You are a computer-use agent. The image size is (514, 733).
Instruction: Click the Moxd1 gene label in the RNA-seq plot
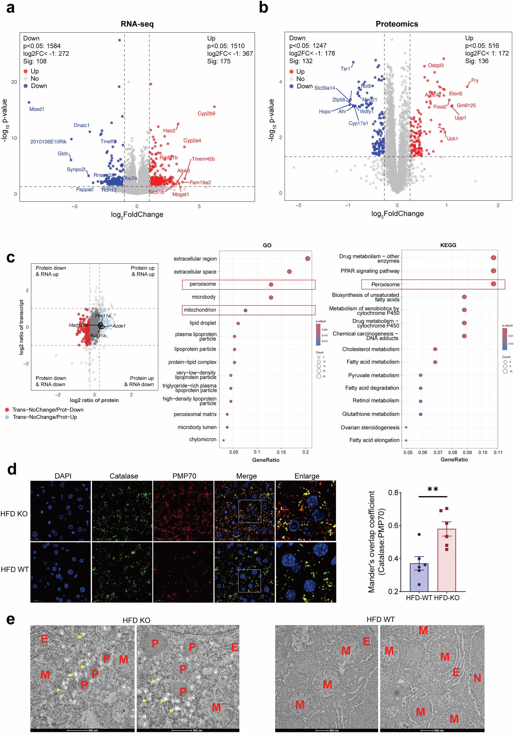(37, 109)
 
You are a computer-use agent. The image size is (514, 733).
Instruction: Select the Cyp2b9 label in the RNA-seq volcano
(206, 113)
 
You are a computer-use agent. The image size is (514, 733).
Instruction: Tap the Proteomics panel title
(396, 24)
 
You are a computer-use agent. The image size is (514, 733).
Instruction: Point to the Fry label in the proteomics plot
(474, 80)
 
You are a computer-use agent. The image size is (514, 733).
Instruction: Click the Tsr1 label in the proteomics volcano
(345, 69)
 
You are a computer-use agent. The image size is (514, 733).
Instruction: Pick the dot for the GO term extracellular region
(308, 259)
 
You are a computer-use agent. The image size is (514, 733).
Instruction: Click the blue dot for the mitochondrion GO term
(245, 310)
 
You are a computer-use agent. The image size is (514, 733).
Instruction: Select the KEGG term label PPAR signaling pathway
(370, 271)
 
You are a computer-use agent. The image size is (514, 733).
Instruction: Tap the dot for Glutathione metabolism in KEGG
(420, 414)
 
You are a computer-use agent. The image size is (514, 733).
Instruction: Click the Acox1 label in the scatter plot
(119, 326)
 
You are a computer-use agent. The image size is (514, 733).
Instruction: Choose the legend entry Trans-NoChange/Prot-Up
(45, 417)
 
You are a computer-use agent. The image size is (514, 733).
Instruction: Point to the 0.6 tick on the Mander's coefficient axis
(393, 525)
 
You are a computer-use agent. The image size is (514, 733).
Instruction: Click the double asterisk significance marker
(432, 489)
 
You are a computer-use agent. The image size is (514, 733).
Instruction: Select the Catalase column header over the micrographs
(124, 476)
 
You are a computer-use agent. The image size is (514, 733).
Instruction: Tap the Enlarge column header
(307, 476)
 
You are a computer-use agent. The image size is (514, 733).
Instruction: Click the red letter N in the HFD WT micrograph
(477, 678)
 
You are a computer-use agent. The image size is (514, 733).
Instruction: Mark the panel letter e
(11, 619)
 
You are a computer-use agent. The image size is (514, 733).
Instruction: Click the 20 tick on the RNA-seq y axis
(14, 82)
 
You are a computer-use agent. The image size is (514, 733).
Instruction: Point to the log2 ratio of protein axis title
(94, 400)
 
